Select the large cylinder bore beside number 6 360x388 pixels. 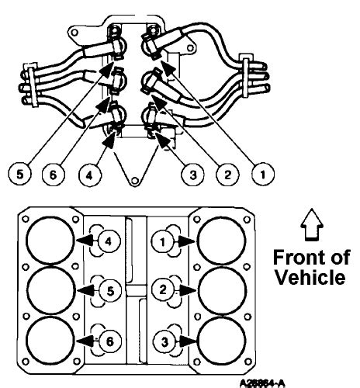(x=50, y=338)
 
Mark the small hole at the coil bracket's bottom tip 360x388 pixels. (x=135, y=180)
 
